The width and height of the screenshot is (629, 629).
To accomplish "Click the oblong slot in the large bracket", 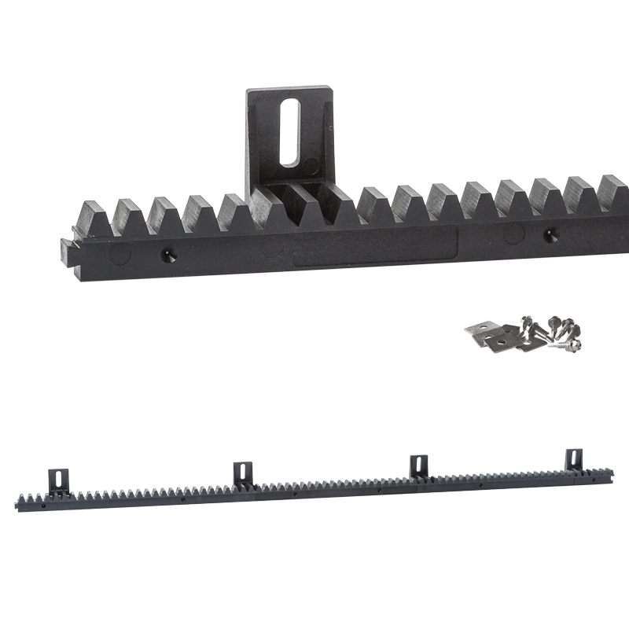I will [x=289, y=132].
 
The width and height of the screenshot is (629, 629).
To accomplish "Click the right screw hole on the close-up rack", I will [x=548, y=234].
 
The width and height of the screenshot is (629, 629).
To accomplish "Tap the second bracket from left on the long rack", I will [x=244, y=473].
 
